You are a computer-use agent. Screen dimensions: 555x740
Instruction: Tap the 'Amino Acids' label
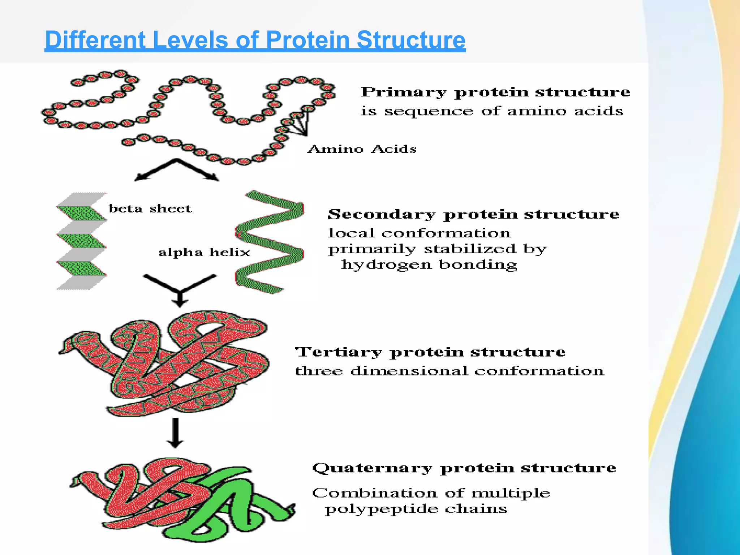click(362, 149)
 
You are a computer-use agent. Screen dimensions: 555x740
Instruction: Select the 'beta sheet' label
click(150, 208)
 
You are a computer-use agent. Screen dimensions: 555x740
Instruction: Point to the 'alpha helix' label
click(204, 252)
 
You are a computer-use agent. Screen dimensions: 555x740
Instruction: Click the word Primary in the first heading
click(403, 92)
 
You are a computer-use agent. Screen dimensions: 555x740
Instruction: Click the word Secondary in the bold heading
click(382, 214)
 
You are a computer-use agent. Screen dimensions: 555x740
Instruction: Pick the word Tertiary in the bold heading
click(338, 352)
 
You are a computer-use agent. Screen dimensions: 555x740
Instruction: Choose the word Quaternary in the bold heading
click(372, 468)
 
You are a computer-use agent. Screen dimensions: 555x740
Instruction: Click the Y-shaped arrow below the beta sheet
click(180, 289)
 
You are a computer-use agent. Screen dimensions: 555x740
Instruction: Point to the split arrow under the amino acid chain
click(177, 170)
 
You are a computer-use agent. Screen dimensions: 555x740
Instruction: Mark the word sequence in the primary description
click(429, 111)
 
